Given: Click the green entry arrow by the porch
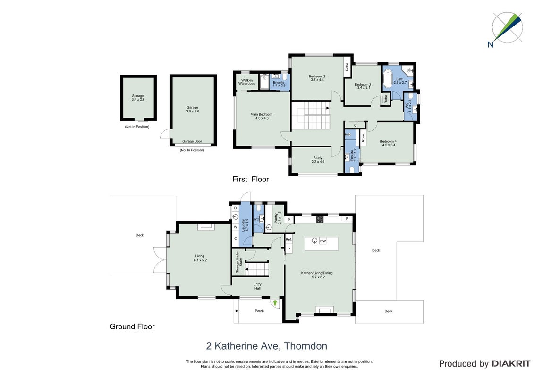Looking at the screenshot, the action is [275, 302].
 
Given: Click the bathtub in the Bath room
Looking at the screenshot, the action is [388, 79].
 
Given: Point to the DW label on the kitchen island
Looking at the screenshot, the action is [323, 241].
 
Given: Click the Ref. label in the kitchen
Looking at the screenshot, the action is [288, 239].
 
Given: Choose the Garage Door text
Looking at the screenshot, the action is [192, 141].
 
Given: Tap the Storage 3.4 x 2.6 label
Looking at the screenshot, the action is [138, 98].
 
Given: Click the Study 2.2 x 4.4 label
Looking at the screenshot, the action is [318, 160].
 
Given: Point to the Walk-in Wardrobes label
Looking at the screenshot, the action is [246, 82].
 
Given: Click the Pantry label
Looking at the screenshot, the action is [276, 218].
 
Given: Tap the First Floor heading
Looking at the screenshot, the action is [251, 179].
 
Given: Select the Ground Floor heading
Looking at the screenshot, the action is [132, 326].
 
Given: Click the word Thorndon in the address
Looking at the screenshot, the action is [306, 346].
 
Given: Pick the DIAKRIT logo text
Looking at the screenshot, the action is [511, 364].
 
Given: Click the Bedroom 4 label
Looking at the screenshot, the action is [388, 141].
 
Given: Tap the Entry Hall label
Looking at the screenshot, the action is [257, 286].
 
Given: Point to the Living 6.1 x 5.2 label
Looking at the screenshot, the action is [200, 258].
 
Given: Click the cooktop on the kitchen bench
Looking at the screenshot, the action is [320, 220].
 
